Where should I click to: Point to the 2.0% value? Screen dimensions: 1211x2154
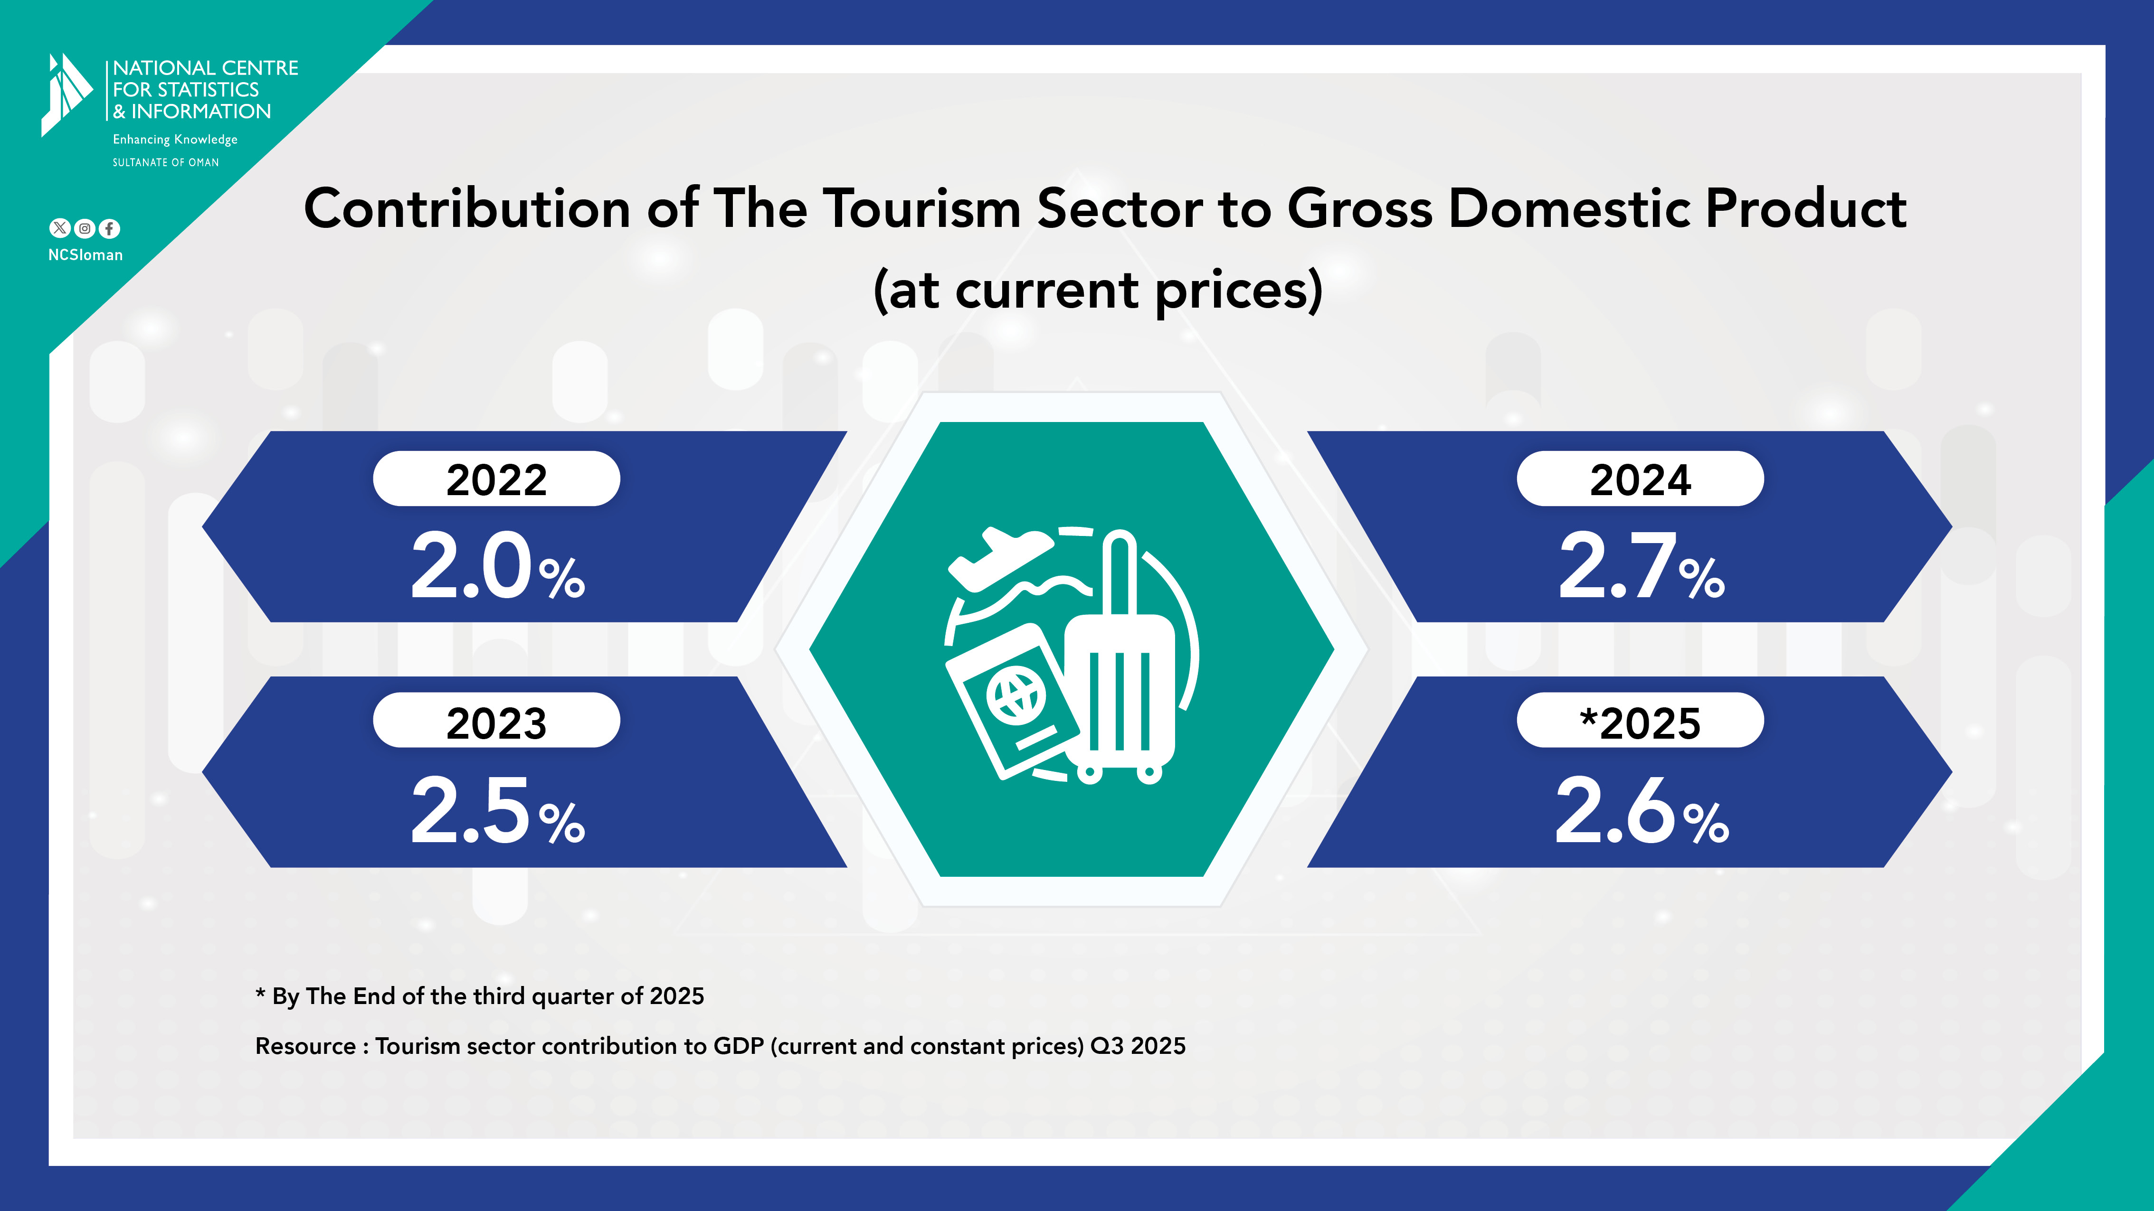pyautogui.click(x=497, y=568)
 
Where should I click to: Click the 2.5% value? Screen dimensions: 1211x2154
pyautogui.click(x=497, y=811)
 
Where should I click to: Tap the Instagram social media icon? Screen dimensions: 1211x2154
pyautogui.click(x=85, y=228)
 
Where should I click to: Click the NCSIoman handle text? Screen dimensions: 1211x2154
pyautogui.click(x=85, y=255)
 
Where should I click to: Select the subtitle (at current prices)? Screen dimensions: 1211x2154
pyautogui.click(x=1098, y=290)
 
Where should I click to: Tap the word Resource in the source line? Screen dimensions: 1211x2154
pyautogui.click(x=305, y=1046)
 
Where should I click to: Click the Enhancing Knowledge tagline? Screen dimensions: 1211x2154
pyautogui.click(x=175, y=140)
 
